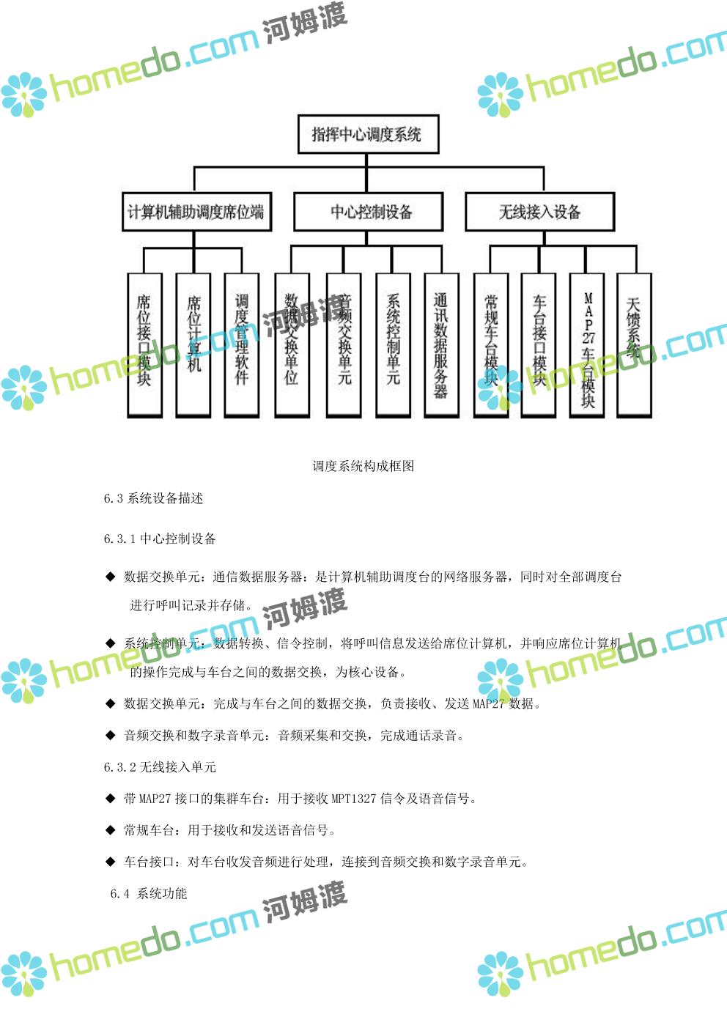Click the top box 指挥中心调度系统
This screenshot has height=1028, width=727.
click(367, 134)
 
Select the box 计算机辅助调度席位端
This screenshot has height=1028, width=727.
click(196, 212)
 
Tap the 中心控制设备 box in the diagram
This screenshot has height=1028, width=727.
click(369, 212)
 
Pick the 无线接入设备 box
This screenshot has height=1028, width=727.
click(539, 212)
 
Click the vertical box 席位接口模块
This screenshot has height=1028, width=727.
click(144, 344)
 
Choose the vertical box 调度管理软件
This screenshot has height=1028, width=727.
click(242, 344)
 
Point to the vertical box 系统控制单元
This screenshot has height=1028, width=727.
click(393, 344)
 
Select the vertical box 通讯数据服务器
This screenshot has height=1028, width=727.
click(441, 344)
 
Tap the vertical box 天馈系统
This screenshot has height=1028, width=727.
click(634, 344)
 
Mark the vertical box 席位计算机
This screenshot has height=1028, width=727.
click(193, 344)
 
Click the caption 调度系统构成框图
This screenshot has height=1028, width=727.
click(363, 466)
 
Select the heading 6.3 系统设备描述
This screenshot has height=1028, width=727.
click(153, 498)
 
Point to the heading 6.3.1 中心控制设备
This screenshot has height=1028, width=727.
click(160, 539)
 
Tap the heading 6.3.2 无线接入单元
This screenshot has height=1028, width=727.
click(160, 767)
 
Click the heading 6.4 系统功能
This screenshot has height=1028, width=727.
click(149, 893)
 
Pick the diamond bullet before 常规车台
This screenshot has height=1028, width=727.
click(110, 830)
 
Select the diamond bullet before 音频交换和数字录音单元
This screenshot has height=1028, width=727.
click(110, 735)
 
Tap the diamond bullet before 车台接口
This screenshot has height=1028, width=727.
click(110, 862)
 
